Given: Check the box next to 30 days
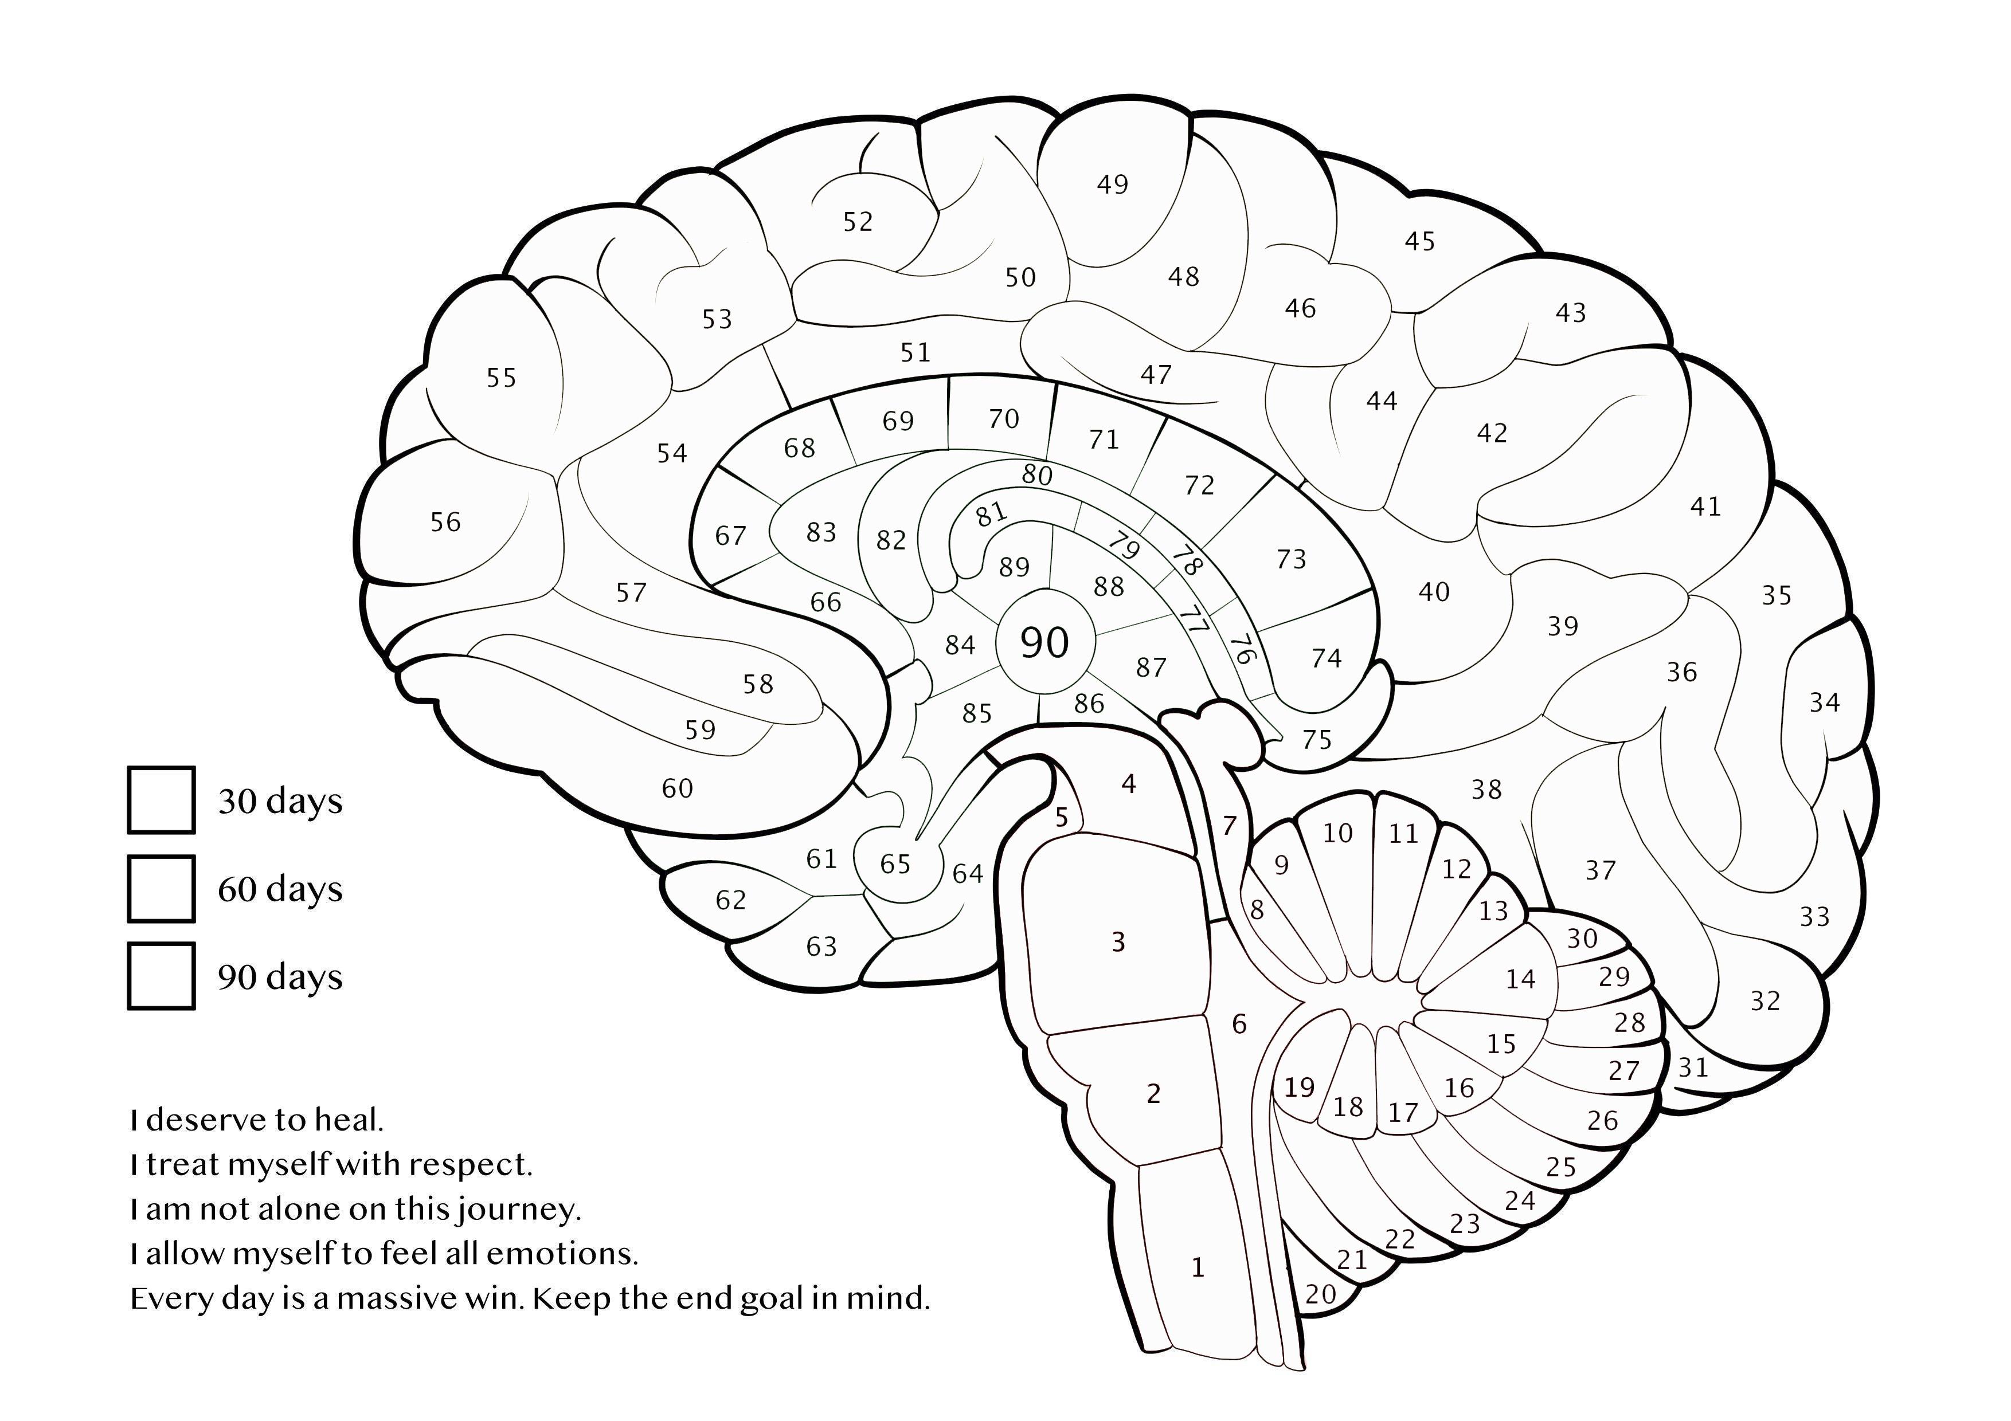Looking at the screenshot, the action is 161,799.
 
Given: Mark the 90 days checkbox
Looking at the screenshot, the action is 161,975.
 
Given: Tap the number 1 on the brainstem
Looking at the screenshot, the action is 1198,1267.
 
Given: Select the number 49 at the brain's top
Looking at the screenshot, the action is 1112,185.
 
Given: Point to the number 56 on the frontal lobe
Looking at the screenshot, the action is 445,523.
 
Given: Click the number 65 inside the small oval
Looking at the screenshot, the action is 895,864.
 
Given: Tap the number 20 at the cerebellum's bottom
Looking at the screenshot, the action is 1321,1294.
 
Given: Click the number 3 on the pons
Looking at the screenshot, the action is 1118,942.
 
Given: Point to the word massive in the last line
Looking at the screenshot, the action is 397,1298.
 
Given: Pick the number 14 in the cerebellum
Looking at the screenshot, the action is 1520,979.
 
